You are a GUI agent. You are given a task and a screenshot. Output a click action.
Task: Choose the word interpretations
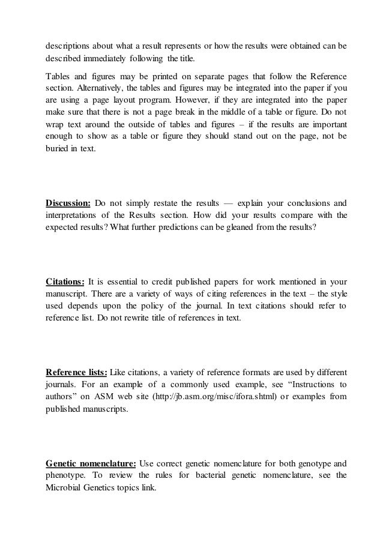pyautogui.click(x=75, y=214)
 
